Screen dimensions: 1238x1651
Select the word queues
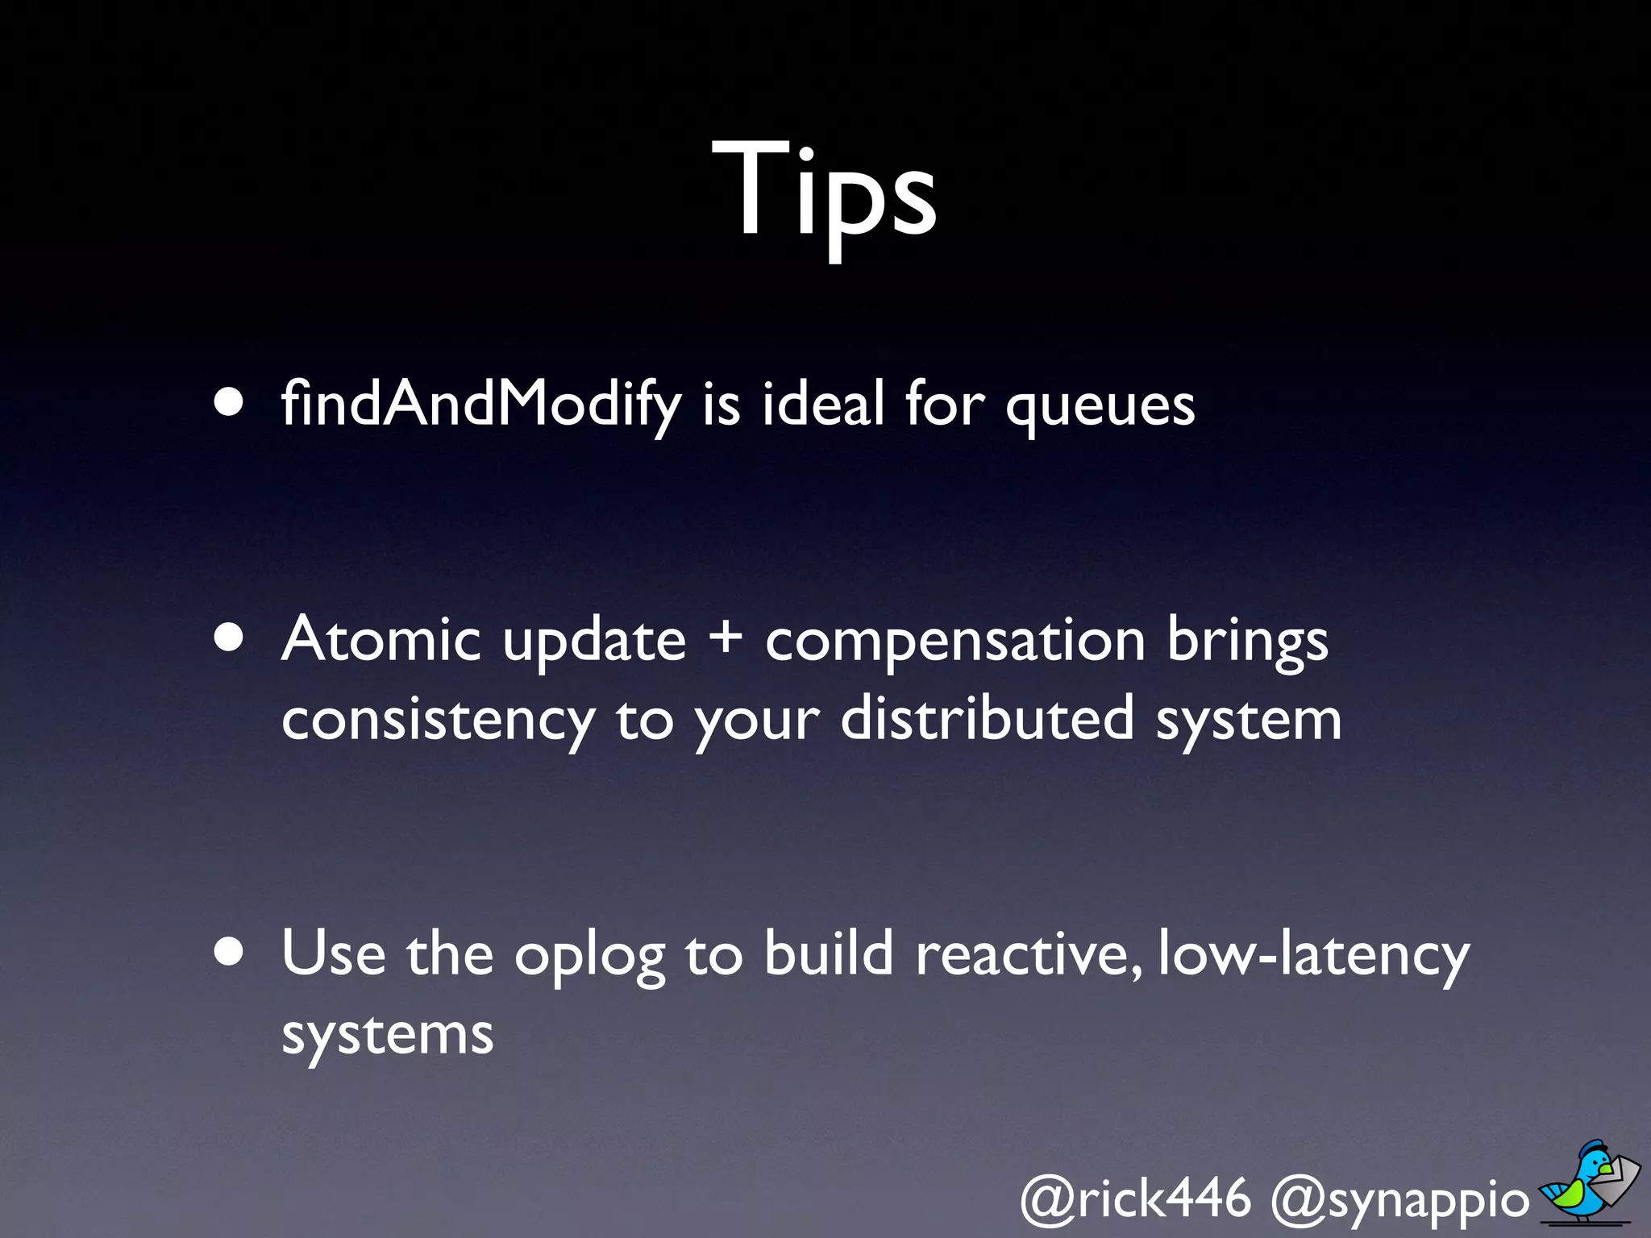coord(1100,406)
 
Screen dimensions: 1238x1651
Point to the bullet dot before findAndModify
coord(230,402)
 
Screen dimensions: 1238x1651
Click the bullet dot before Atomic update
coord(230,638)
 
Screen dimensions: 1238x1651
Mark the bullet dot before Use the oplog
coord(230,952)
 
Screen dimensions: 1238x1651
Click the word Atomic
coord(381,638)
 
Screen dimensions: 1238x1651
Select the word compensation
coord(954,642)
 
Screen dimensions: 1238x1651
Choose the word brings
coord(1247,642)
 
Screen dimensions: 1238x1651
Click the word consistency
coord(439,721)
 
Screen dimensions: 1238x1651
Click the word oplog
coord(589,956)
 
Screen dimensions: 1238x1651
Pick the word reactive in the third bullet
coord(1029,953)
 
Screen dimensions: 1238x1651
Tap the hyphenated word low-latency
coord(1313,955)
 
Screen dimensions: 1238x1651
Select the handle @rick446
coord(1135,1199)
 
